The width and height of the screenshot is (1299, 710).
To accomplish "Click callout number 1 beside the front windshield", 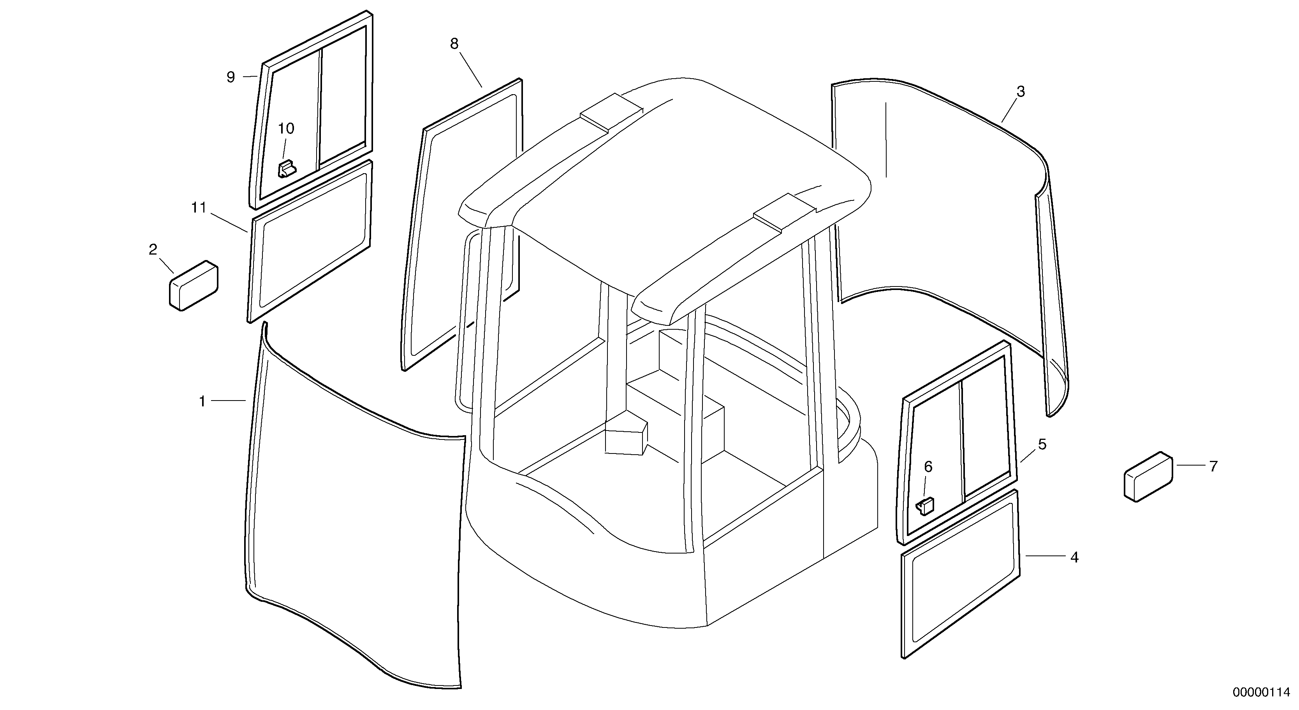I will tap(202, 401).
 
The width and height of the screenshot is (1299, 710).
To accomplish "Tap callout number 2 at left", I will tap(153, 249).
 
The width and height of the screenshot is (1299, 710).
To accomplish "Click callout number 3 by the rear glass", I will tap(1021, 92).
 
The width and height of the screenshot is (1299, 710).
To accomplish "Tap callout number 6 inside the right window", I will tap(928, 467).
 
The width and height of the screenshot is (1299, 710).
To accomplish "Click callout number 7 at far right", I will tap(1213, 466).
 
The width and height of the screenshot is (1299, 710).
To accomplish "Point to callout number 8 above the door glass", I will tap(454, 44).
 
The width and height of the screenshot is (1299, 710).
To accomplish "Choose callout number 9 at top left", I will tap(231, 77).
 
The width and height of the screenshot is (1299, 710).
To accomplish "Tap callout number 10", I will tap(286, 128).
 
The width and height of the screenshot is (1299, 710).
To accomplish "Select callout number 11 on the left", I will tap(199, 207).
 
